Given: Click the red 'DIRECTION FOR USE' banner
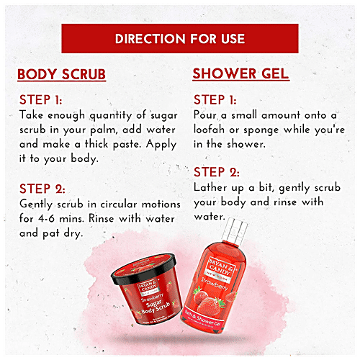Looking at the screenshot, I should tap(179, 38).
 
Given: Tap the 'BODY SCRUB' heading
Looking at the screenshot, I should tap(62, 75).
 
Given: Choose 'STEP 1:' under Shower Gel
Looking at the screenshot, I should tap(220, 101).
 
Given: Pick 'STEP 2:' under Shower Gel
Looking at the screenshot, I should tap(220, 172).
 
